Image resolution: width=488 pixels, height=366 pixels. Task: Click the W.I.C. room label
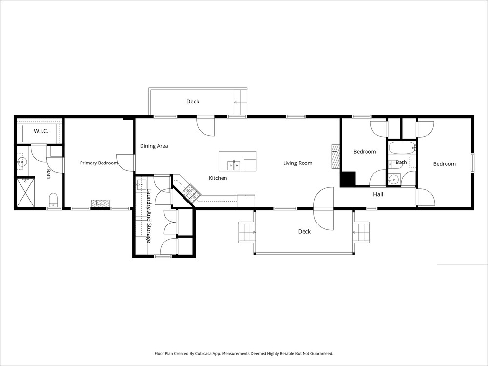click(x=41, y=131)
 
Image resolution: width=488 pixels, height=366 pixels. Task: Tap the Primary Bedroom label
click(x=99, y=163)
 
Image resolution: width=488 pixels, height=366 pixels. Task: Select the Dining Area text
click(x=154, y=146)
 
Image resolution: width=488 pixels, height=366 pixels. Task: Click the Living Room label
click(x=298, y=163)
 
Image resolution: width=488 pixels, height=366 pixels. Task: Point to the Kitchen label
click(x=218, y=178)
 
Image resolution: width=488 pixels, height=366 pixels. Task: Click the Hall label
click(x=378, y=194)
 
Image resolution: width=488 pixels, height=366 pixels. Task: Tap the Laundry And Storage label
click(x=149, y=216)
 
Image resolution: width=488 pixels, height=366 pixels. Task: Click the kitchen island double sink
click(x=233, y=165)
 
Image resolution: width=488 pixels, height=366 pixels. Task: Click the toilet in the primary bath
click(x=54, y=200)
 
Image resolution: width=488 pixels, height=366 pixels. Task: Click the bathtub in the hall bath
click(x=402, y=148)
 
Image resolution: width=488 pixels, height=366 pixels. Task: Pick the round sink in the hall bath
click(x=394, y=179)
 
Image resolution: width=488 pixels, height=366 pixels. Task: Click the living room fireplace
click(x=336, y=157)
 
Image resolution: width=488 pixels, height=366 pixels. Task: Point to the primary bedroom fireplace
click(x=100, y=203)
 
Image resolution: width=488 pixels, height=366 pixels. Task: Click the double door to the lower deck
click(x=324, y=209)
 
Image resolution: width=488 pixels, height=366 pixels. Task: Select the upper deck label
click(x=193, y=102)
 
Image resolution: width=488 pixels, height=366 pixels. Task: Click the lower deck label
click(x=305, y=231)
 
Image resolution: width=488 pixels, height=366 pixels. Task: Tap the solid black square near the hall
click(x=347, y=179)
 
